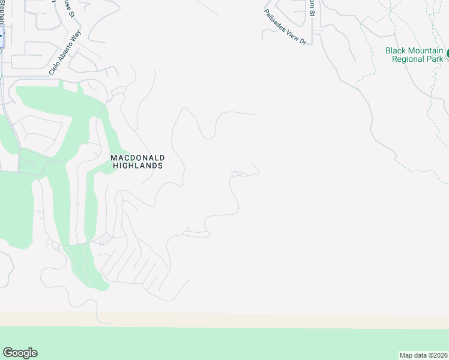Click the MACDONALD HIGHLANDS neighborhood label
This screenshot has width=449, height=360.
click(x=137, y=161)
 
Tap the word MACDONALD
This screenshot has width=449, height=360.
click(x=137, y=158)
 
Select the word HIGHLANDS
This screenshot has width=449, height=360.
click(x=137, y=166)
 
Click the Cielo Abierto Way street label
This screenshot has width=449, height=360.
click(x=65, y=53)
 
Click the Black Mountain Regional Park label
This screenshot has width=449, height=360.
click(x=414, y=55)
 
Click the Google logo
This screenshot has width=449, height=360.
click(x=20, y=353)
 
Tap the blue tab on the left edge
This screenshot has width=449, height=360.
click(x=1, y=37)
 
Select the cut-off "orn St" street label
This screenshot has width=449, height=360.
click(x=311, y=8)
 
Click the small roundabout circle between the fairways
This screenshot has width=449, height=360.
click(x=77, y=204)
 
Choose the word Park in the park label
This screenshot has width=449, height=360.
click(x=435, y=59)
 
